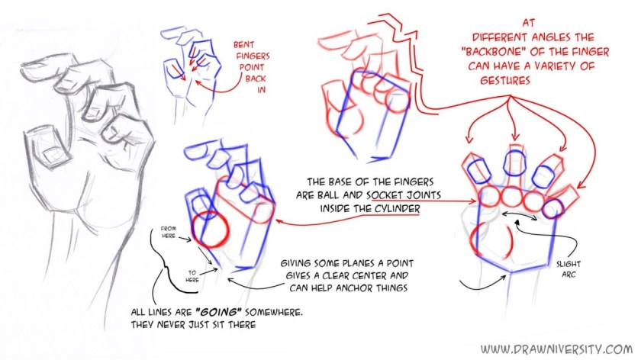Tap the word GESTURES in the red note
coord(505,80)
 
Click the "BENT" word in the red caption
coord(243,44)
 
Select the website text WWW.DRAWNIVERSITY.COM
coord(556,349)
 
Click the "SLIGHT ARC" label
coord(569,269)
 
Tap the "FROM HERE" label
coord(169,232)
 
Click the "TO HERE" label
coord(192,276)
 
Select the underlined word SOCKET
coord(387,195)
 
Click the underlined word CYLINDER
coord(398,209)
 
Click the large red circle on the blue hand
coord(209,230)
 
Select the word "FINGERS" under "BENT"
coord(253,56)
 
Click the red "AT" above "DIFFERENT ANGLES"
coord(528,23)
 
